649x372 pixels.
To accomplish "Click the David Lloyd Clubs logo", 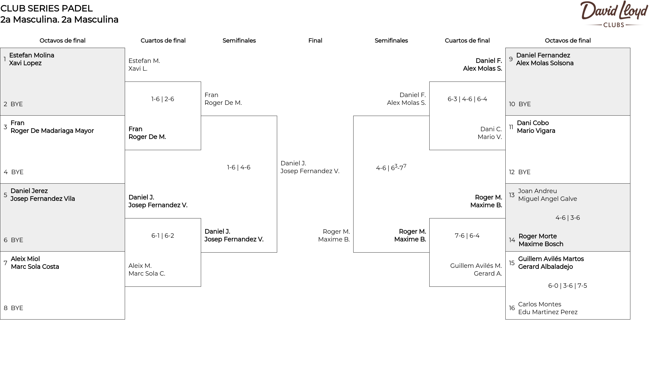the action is pyautogui.click(x=614, y=14).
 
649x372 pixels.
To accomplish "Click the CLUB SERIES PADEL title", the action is pyautogui.click(x=47, y=8).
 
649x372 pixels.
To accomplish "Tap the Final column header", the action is pyautogui.click(x=315, y=41).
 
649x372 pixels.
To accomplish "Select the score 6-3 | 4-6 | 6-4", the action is pyautogui.click(x=467, y=99).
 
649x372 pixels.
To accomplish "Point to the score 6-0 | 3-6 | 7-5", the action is pyautogui.click(x=568, y=286).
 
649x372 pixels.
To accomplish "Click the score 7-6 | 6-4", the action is pyautogui.click(x=467, y=236).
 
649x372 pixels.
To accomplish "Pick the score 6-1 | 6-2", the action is pyautogui.click(x=163, y=236).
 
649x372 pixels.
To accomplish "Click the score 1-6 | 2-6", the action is pyautogui.click(x=163, y=99).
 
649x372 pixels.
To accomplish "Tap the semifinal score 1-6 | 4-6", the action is pyautogui.click(x=239, y=167).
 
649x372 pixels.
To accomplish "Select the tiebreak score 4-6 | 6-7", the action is pyautogui.click(x=391, y=167).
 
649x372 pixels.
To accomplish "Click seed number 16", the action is pyautogui.click(x=512, y=308).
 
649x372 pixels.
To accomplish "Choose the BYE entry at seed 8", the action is pyautogui.click(x=17, y=308).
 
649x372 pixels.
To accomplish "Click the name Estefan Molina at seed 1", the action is pyautogui.click(x=31, y=55).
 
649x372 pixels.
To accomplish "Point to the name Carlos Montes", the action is pyautogui.click(x=539, y=304).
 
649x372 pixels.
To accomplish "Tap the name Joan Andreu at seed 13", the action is pyautogui.click(x=537, y=191).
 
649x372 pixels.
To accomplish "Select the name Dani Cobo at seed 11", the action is pyautogui.click(x=533, y=123).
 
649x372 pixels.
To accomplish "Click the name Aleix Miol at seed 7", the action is pyautogui.click(x=25, y=259).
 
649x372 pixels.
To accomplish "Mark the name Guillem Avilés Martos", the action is pyautogui.click(x=551, y=259).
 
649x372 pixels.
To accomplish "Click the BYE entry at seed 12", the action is pyautogui.click(x=524, y=172).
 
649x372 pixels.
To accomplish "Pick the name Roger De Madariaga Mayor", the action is pyautogui.click(x=52, y=131).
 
